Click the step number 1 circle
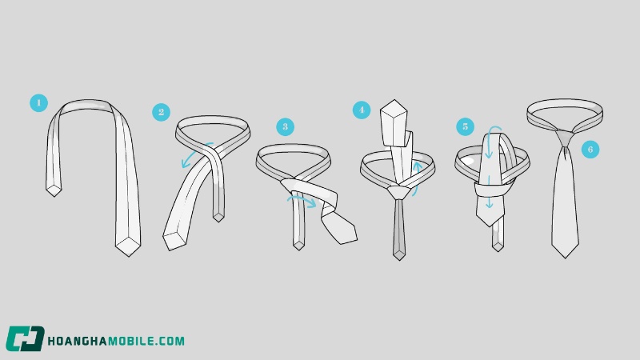(x=38, y=103)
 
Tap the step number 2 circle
(x=162, y=112)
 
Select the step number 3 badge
(x=286, y=127)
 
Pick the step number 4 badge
(x=362, y=110)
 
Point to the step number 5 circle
(x=466, y=126)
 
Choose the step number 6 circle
(x=590, y=150)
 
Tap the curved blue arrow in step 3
(x=302, y=200)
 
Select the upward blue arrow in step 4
(x=416, y=178)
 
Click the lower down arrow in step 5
(x=489, y=193)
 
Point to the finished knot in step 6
(x=566, y=138)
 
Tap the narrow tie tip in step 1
(x=54, y=190)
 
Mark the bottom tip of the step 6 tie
(x=566, y=258)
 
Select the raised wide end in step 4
(x=394, y=123)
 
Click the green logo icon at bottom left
(x=25, y=338)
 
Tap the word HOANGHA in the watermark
(x=78, y=341)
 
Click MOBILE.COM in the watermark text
(x=146, y=341)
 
